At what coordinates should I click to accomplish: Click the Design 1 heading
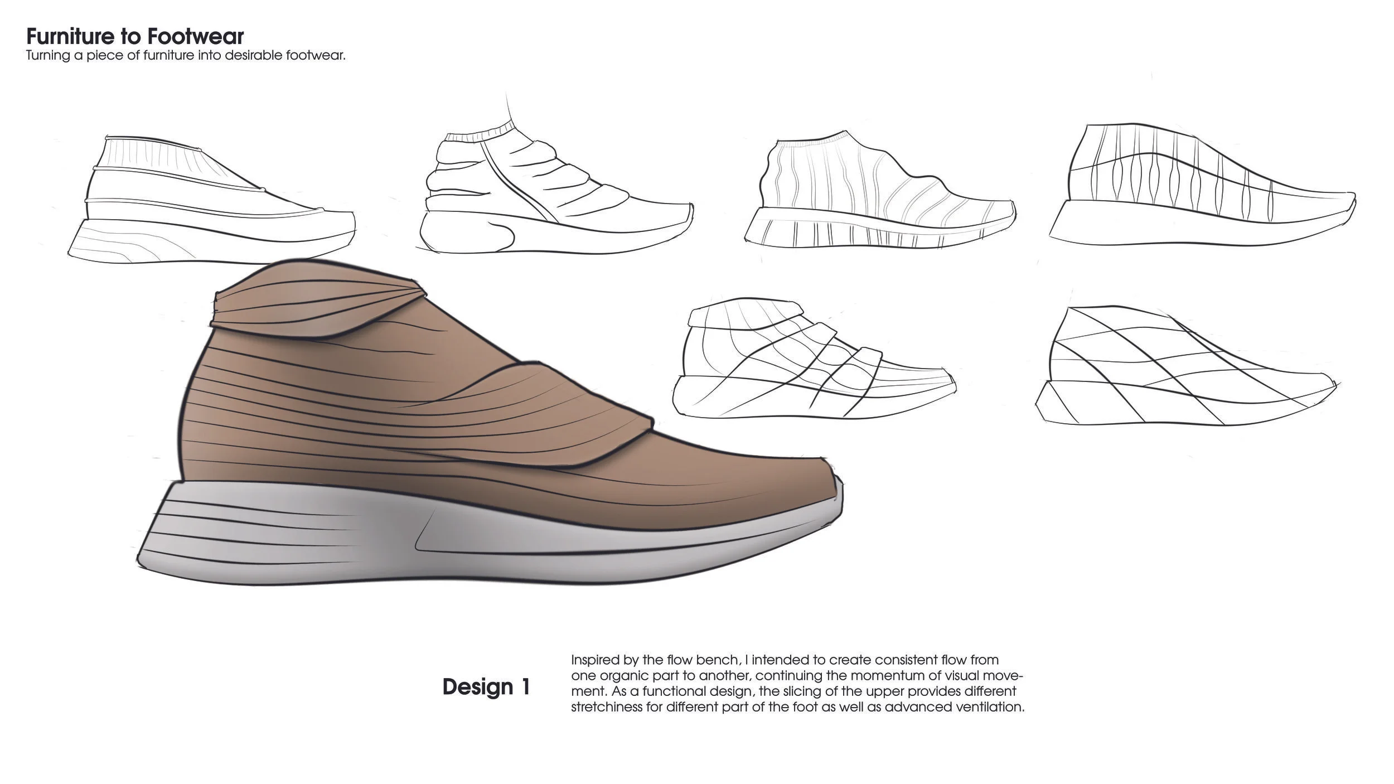pyautogui.click(x=486, y=686)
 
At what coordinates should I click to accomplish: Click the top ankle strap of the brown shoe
pyautogui.click(x=312, y=304)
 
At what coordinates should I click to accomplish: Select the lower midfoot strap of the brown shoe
pyautogui.click(x=558, y=413)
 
